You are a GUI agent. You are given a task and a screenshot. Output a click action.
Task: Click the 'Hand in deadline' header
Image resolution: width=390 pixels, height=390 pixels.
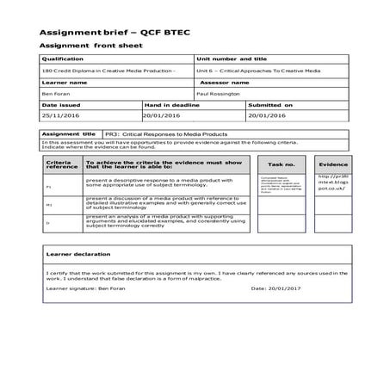coord(169,104)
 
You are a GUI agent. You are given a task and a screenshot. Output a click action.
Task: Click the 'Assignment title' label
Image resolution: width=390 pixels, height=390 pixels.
coord(71,134)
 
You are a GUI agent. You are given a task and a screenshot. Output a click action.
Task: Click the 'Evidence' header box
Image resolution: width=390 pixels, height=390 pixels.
coord(332,163)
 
